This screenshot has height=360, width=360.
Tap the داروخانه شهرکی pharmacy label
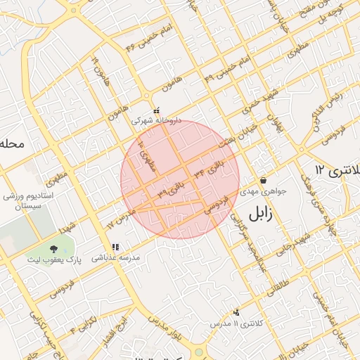click(x=160, y=120)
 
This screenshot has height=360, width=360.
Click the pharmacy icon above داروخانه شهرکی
click(x=157, y=110)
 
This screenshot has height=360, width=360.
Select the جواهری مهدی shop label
click(x=262, y=191)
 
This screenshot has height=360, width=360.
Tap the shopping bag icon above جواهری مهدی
click(x=263, y=180)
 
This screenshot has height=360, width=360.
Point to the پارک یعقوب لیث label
click(x=55, y=259)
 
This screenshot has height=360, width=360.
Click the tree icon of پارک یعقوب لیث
click(x=53, y=248)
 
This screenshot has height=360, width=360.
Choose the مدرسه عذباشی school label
click(x=117, y=258)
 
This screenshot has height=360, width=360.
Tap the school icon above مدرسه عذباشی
click(x=116, y=247)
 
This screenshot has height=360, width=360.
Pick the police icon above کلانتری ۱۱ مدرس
click(x=236, y=312)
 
